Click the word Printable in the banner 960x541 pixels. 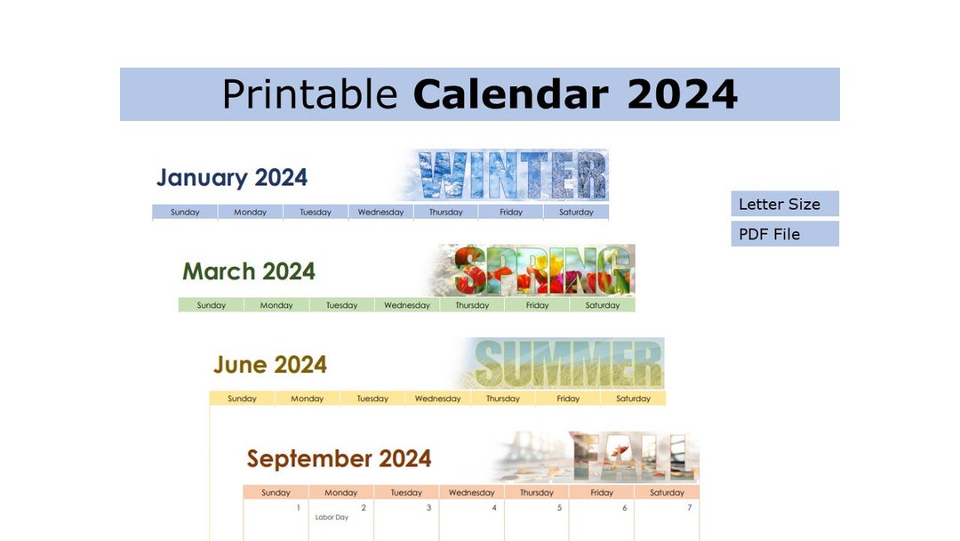[x=308, y=94]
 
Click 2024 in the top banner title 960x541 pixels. [x=682, y=94]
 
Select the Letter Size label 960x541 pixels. [x=780, y=204]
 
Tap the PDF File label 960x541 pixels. [x=770, y=234]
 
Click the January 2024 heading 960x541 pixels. [x=232, y=177]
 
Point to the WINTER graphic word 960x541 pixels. [x=513, y=175]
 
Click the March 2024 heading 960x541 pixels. [x=249, y=271]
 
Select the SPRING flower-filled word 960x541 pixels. [x=543, y=270]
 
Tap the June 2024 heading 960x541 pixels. [x=270, y=365]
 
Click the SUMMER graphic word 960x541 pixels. [x=569, y=364]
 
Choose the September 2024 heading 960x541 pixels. [x=339, y=459]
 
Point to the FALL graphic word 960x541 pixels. [x=629, y=457]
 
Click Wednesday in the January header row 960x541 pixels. [x=380, y=213]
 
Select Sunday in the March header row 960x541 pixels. [x=212, y=305]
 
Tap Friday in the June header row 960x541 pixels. [x=568, y=399]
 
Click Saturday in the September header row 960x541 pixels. [x=667, y=492]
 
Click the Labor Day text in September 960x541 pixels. [x=332, y=517]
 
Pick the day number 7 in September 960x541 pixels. [x=690, y=508]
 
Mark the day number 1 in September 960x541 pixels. [x=299, y=508]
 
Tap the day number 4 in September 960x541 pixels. [x=494, y=508]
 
